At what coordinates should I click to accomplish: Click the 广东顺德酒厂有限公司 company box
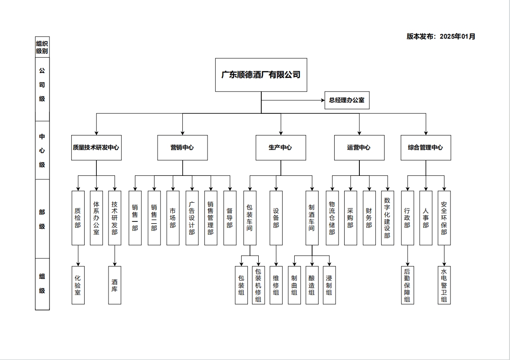click(261, 75)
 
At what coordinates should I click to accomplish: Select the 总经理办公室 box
click(347, 100)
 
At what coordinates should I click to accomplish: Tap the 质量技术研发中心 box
click(96, 148)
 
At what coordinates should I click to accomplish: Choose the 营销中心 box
click(182, 148)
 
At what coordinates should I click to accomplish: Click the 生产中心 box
click(280, 148)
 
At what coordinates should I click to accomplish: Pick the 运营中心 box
click(359, 148)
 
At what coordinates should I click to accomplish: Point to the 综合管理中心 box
click(425, 148)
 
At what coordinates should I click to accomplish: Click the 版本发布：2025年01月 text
click(441, 36)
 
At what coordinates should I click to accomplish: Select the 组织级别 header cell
click(42, 47)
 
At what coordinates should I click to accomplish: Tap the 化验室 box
click(78, 285)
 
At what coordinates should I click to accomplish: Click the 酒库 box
click(115, 285)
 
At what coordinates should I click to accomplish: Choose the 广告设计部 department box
click(192, 218)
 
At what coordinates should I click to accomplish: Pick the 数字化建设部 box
click(387, 218)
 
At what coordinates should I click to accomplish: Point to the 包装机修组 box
click(258, 285)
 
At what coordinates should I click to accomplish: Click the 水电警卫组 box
click(444, 285)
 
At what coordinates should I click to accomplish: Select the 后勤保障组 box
click(407, 285)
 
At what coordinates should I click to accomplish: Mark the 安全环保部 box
click(444, 218)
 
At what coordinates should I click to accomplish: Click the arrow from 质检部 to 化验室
click(78, 256)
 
